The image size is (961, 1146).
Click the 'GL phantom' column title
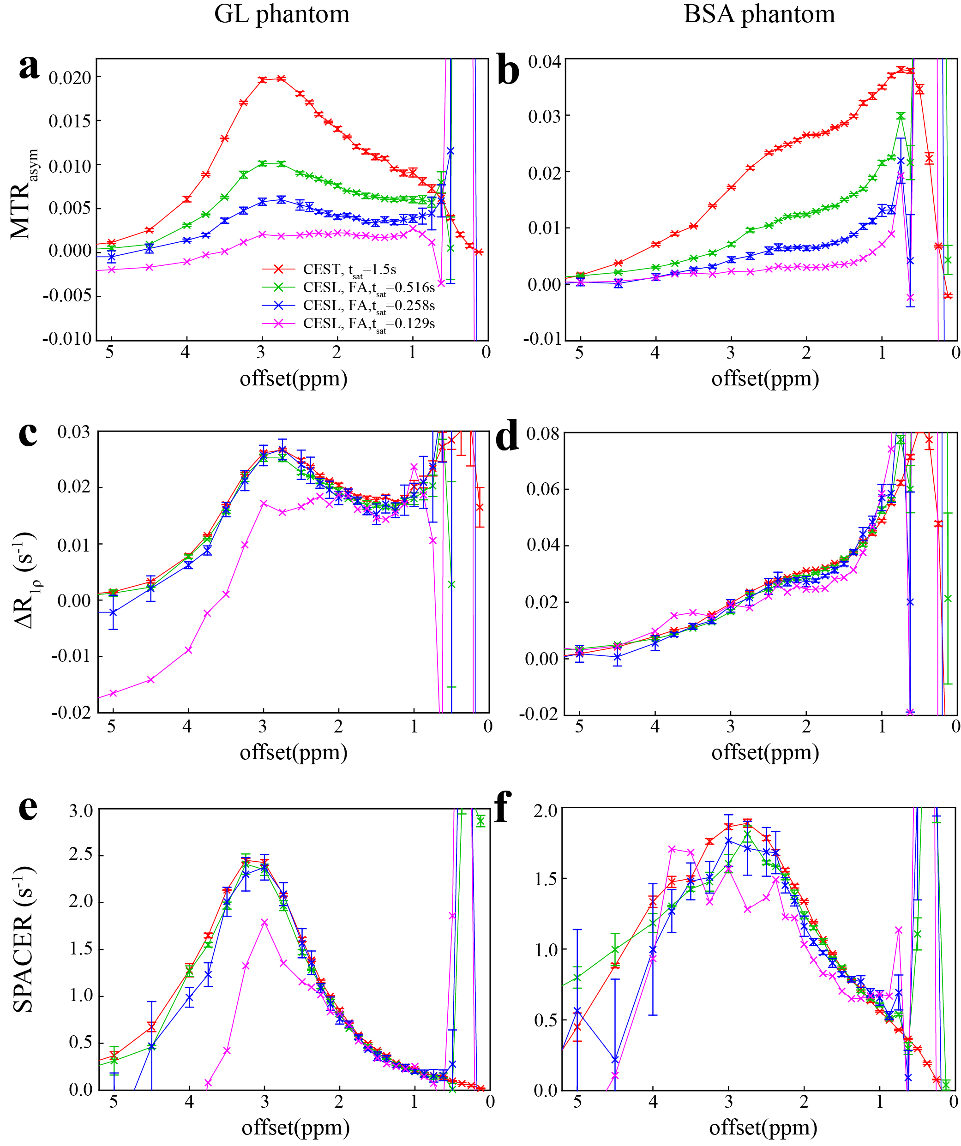coord(282,14)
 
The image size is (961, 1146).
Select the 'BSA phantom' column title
coord(759,14)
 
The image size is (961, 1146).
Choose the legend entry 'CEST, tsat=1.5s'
coord(349,270)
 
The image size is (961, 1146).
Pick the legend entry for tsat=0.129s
coord(369,324)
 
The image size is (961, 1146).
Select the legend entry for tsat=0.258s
coord(369,306)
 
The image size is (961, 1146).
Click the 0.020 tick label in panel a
coord(70,78)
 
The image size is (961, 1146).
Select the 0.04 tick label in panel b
coord(544,62)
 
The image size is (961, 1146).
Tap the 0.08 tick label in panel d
coord(542,434)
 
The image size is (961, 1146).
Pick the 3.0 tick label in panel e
coord(81,811)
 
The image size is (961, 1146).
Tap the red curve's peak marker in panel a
coord(281,78)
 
